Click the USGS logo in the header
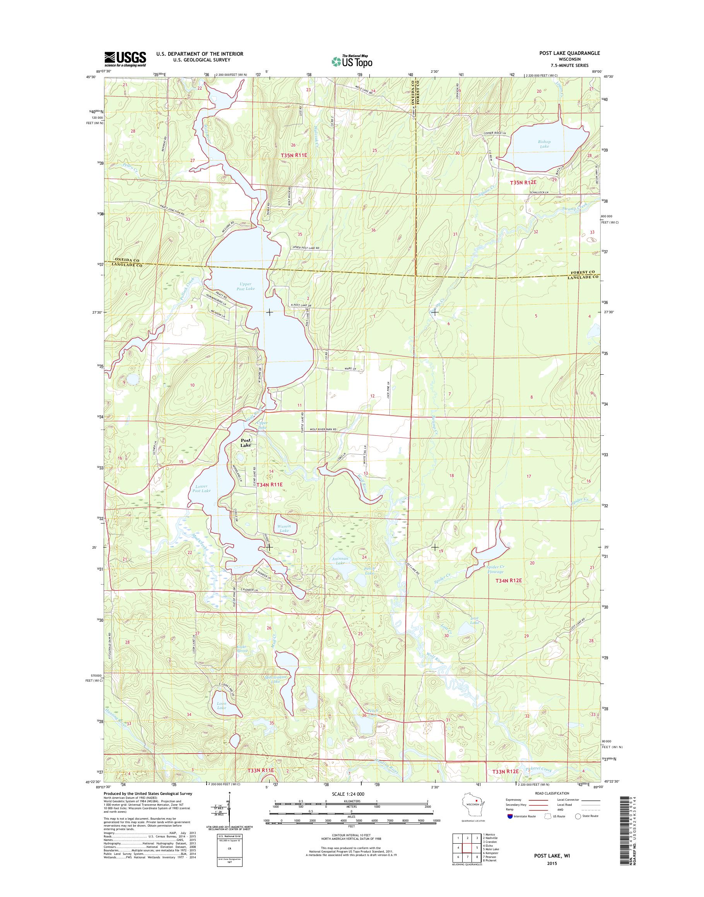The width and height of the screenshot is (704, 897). click(125, 59)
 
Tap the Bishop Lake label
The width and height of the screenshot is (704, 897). click(544, 144)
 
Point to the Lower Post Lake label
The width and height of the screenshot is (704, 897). click(202, 489)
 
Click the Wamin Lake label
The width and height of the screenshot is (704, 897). click(284, 528)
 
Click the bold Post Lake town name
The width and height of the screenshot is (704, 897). click(246, 443)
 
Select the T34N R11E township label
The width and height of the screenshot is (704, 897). click(270, 484)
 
